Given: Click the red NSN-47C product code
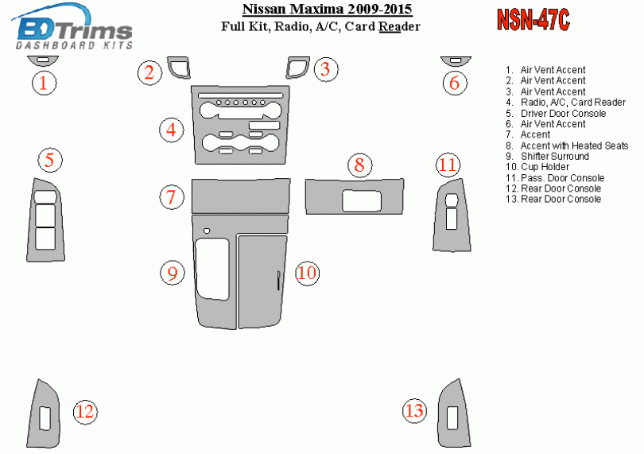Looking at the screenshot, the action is coord(533,20).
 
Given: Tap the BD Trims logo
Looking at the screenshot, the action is coord(72,27).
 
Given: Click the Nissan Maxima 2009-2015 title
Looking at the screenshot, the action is coord(327,9).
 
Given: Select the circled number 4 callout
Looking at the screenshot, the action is coord(171,130).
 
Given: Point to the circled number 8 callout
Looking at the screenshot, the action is coord(360,165).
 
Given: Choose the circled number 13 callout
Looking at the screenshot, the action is coord(414,410).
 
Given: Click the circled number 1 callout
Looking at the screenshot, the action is coord(44,83).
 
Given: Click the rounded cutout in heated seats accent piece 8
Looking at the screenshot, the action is coord(362,201).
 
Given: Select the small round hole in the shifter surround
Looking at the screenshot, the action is coord(207,231).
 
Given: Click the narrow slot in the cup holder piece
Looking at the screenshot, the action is coord(278,281).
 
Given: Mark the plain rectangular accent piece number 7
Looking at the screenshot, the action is coord(241,196).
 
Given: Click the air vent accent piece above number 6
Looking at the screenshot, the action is coord(456,60).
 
